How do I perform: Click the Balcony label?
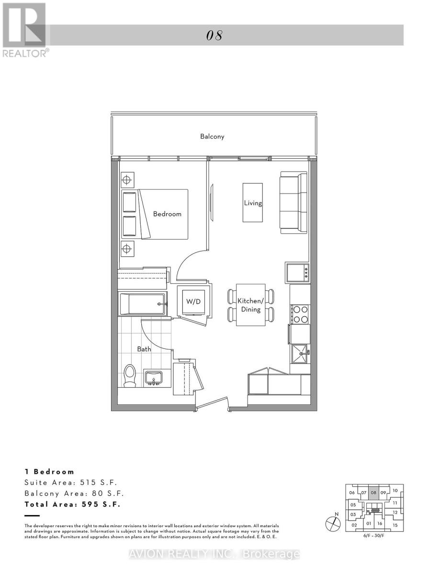point(212,137)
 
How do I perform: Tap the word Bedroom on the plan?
point(167,214)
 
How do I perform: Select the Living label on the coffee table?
point(253,203)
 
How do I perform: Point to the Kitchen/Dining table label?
point(251,305)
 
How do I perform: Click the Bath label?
point(144,349)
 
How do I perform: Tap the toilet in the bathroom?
point(129,376)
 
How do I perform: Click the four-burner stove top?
point(300,314)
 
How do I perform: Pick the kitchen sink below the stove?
point(300,354)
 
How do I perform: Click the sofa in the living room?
point(293,203)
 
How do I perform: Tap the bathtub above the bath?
point(143,304)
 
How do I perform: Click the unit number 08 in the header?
point(215,35)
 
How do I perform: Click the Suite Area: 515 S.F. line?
point(70,483)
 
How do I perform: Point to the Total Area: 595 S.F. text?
point(72,504)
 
